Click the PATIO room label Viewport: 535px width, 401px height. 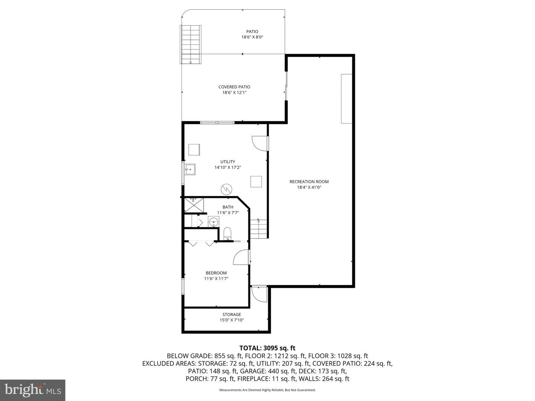[x=252, y=32]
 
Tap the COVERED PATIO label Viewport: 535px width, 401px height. [x=234, y=87]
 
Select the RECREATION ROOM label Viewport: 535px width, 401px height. [x=309, y=182]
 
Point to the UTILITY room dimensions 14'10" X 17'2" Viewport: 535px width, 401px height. [x=228, y=167]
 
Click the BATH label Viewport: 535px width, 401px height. [x=228, y=207]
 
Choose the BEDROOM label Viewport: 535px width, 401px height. [x=216, y=273]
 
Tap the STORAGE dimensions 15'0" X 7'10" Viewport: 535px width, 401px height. [x=231, y=320]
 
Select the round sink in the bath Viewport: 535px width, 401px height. [x=214, y=222]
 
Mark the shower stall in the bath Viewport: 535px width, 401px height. [x=194, y=205]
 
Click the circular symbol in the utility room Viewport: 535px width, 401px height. [x=226, y=189]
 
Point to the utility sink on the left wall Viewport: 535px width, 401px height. [x=190, y=169]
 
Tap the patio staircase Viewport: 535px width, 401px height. [x=191, y=45]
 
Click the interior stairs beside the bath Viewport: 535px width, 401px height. [x=259, y=229]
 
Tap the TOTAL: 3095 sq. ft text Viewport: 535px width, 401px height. [x=267, y=348]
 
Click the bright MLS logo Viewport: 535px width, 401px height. [x=33, y=390]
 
